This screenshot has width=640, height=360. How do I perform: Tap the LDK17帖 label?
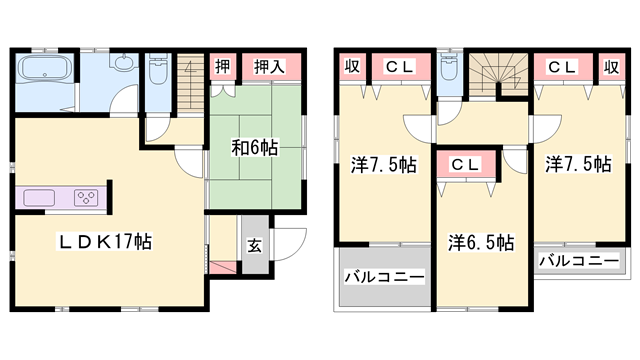tap(104, 241)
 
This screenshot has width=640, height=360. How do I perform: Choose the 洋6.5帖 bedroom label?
tap(481, 242)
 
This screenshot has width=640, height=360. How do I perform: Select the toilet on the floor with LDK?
tap(158, 73)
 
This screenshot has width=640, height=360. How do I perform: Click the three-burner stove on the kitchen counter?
tap(87, 195)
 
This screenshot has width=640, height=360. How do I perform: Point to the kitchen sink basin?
tap(39, 195)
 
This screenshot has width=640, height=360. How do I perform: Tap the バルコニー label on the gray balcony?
tap(384, 278)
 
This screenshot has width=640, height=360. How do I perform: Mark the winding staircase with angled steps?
tap(497, 75)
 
